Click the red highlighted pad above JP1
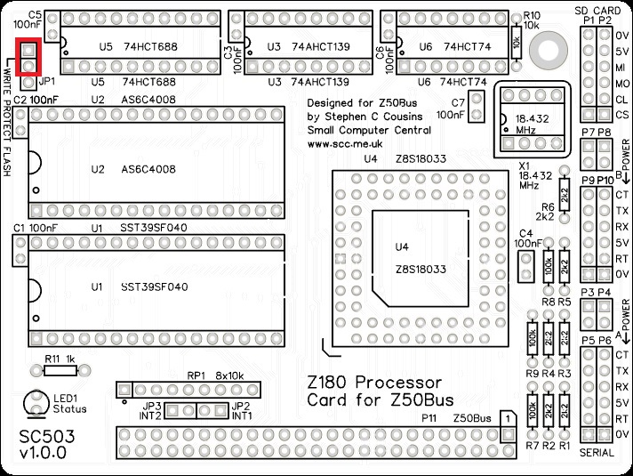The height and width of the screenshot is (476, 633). [29, 50]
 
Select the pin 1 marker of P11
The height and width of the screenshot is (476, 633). [506, 417]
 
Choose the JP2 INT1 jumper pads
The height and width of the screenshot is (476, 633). [213, 410]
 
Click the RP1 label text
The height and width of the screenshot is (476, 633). [196, 375]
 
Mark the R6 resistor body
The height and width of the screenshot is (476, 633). [565, 193]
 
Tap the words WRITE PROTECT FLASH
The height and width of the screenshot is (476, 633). [7, 120]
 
